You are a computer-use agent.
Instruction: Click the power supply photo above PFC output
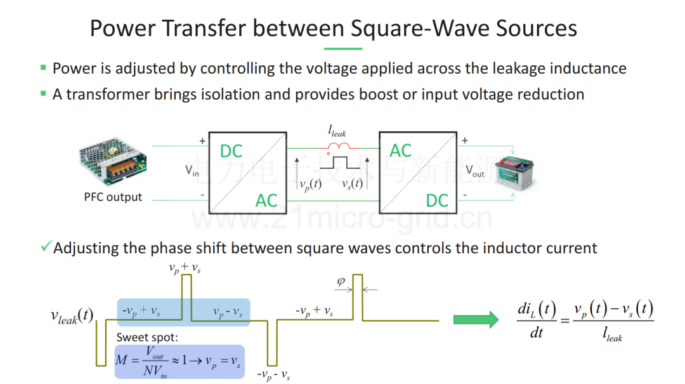click(113, 161)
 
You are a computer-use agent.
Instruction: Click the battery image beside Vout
click(516, 173)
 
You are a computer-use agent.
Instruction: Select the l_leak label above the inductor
click(337, 131)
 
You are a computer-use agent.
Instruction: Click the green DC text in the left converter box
click(231, 151)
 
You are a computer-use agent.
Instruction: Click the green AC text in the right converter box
click(401, 151)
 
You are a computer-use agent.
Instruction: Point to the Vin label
click(192, 170)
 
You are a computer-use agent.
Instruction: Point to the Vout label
click(475, 171)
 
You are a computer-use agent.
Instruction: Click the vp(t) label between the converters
click(311, 184)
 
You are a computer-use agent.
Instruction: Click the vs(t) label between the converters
click(352, 183)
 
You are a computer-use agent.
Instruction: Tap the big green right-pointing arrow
click(476, 320)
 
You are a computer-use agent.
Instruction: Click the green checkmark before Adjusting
click(46, 246)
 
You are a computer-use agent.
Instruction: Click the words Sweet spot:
click(147, 337)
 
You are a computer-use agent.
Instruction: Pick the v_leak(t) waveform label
click(72, 316)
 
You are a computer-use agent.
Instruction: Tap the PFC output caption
click(113, 197)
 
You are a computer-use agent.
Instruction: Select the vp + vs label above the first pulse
click(185, 268)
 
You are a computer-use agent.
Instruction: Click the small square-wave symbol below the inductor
click(340, 162)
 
